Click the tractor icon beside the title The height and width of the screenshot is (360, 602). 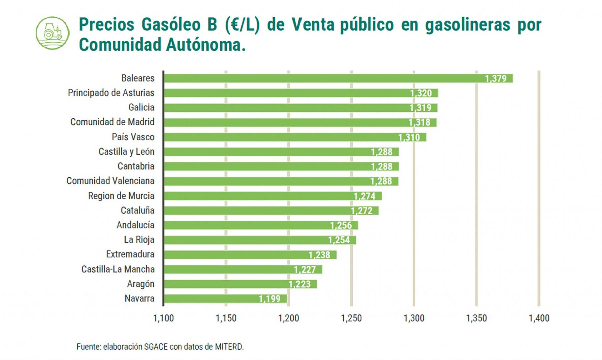pos(53,33)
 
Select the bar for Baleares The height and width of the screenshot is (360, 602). pos(338,78)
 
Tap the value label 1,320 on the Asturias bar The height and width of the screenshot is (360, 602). pos(421,93)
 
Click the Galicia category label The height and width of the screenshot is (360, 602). pos(141,107)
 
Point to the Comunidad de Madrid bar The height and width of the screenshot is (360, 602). pos(300,122)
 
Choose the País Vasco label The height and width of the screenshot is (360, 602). pos(133,137)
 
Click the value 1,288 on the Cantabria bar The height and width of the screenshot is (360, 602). pos(382,166)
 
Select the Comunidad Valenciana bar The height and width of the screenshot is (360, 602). pos(281,181)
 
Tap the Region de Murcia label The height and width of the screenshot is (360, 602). pos(121,196)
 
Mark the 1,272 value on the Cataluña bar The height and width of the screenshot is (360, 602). pos(362,211)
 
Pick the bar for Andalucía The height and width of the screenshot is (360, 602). pos(261,225)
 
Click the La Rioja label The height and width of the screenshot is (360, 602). pos(139,240)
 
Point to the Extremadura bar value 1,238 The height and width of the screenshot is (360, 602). pos(319,255)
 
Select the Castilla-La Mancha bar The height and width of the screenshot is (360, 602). pos(243,269)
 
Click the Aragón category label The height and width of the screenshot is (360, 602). pos(141,284)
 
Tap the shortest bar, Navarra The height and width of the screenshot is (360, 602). pos(225,299)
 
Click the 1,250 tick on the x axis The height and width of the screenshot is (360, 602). pos(351,318)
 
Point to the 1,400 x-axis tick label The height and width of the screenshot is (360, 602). pos(539,318)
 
